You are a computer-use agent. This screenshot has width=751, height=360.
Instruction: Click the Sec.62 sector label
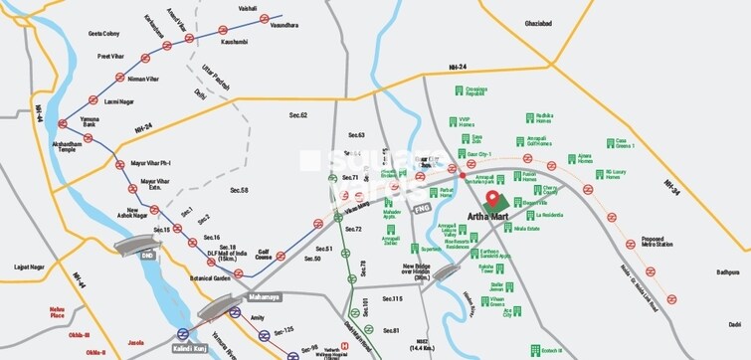click(x=298, y=116)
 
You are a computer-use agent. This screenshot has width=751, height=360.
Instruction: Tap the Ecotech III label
click(x=525, y=350)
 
